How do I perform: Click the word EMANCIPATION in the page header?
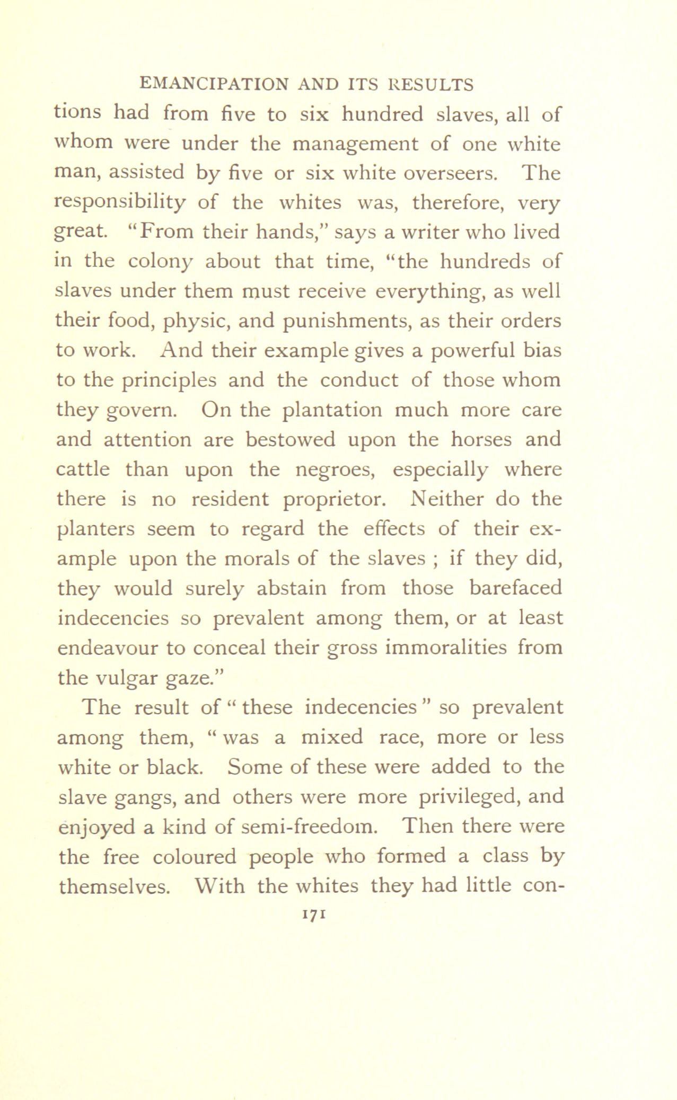pos(213,85)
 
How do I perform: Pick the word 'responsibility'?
pos(121,203)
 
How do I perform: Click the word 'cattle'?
pos(83,469)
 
